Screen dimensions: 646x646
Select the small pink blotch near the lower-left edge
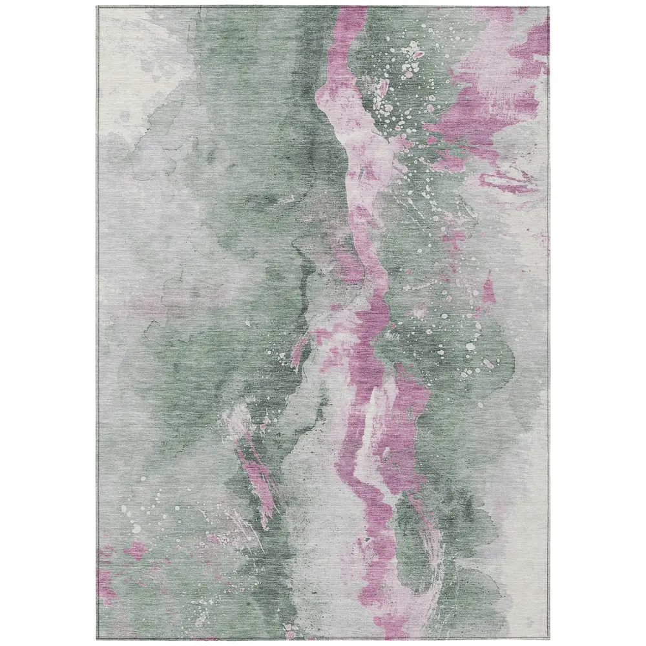click(x=137, y=552)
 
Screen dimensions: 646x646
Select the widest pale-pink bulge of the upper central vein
click(x=368, y=155)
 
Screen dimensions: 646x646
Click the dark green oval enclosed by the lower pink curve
click(x=413, y=536)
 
